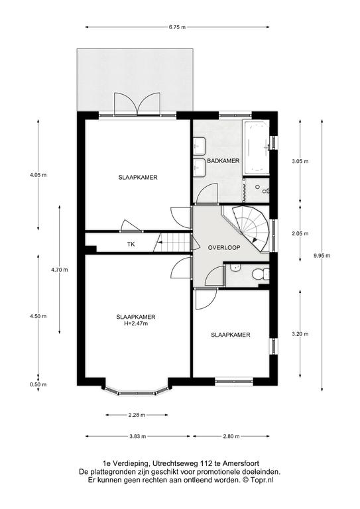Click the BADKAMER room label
coord(223,160)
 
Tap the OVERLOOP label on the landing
coord(224,247)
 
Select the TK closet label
coord(131,244)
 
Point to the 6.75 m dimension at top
coord(177,27)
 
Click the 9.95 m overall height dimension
coord(322,255)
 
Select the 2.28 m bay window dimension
coord(137,415)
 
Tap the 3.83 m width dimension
coord(137,436)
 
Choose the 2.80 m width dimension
coord(231,436)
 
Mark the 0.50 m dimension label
coord(38,384)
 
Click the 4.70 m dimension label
coord(60,270)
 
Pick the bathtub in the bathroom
coord(257,147)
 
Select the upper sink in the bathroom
coord(199,145)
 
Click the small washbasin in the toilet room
coord(234,268)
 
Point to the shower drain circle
coord(257,187)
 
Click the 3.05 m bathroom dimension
coord(300,161)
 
